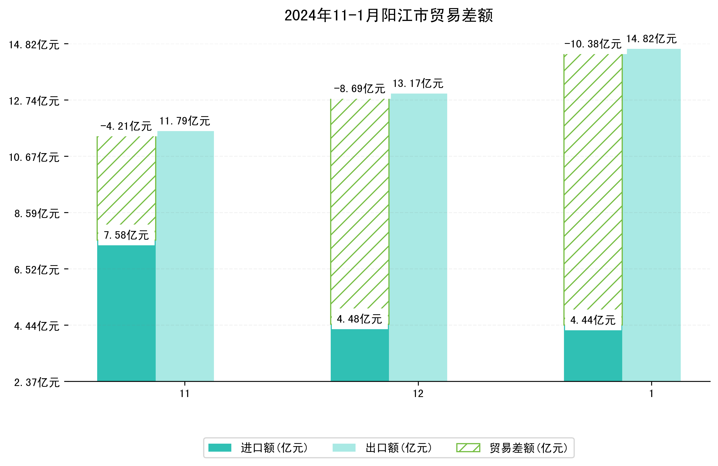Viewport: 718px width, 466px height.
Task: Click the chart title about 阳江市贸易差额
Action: click(x=389, y=15)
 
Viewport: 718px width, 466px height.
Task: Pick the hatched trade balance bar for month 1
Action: click(x=593, y=181)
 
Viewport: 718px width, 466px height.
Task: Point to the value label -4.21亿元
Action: click(x=126, y=126)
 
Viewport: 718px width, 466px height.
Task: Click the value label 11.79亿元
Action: click(x=185, y=121)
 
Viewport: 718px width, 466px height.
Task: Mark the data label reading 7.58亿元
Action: click(x=126, y=235)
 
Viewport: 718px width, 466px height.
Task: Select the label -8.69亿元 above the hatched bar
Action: click(x=359, y=88)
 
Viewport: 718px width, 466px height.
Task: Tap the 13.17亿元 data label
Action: click(x=418, y=83)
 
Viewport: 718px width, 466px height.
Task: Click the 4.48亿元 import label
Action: click(x=359, y=319)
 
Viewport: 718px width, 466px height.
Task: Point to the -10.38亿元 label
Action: click(x=593, y=44)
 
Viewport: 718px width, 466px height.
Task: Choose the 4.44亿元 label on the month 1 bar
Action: click(x=593, y=320)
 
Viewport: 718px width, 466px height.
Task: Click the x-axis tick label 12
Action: click(x=418, y=393)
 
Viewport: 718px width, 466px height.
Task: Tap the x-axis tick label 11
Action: click(x=185, y=393)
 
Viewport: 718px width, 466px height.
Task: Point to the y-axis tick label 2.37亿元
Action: click(x=37, y=382)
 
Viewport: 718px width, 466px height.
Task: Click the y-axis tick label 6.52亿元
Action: click(x=37, y=270)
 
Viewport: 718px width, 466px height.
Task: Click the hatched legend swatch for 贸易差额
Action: click(x=468, y=448)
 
